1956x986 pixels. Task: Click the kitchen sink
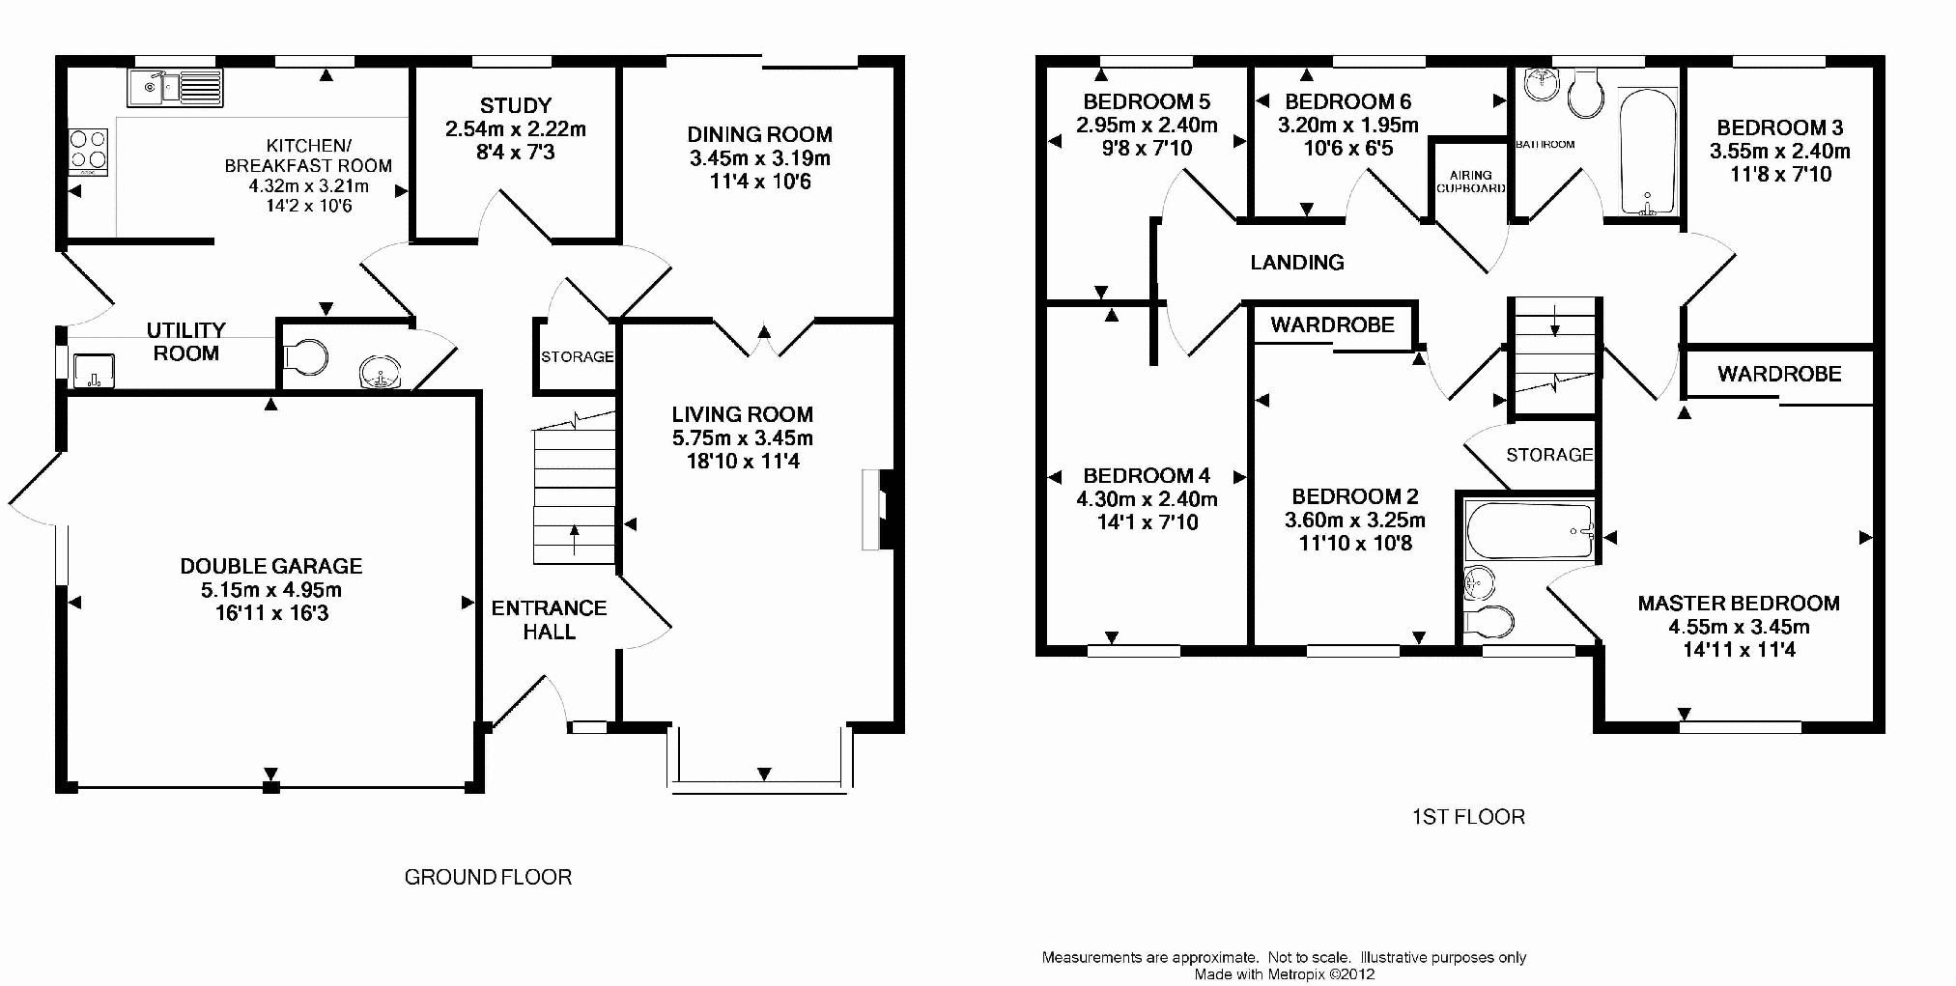point(175,87)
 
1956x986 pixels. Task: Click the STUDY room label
point(516,105)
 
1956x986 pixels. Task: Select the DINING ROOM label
point(759,134)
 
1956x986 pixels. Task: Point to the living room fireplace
point(881,509)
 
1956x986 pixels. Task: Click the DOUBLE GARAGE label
point(271,566)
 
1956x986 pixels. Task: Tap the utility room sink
point(94,371)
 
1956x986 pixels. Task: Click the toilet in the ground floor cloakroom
point(306,356)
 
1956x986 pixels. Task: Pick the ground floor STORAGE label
point(577,356)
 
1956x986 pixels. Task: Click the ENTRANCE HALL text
point(549,619)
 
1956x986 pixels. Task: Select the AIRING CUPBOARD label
point(1470,182)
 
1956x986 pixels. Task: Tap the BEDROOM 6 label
point(1347,101)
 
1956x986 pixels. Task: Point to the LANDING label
point(1297,262)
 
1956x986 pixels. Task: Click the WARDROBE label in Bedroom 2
point(1332,324)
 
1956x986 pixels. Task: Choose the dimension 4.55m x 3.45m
point(1739,627)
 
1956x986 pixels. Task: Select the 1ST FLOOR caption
point(1468,817)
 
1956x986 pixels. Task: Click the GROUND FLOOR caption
point(488,877)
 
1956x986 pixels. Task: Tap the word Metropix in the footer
point(1294,974)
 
